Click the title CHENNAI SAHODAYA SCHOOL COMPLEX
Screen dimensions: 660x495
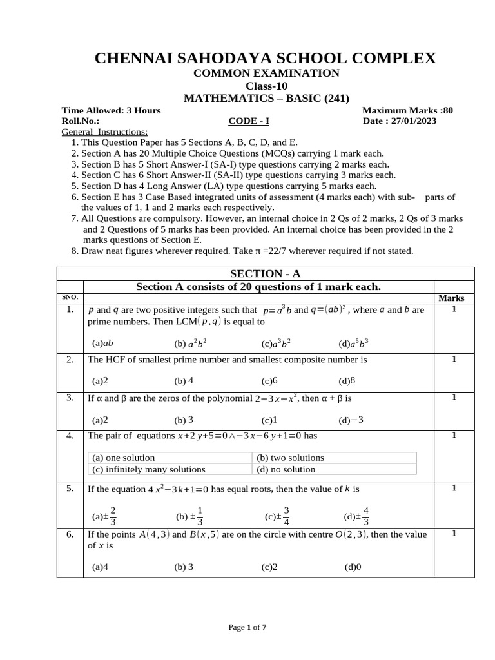pyautogui.click(x=266, y=58)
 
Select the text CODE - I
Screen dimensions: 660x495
pyautogui.click(x=249, y=121)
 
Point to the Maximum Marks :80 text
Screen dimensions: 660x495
pyautogui.click(x=407, y=110)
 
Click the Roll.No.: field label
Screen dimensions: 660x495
pyautogui.click(x=81, y=121)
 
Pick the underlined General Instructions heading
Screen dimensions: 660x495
pyautogui.click(x=104, y=131)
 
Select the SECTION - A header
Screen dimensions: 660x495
pyautogui.click(x=266, y=273)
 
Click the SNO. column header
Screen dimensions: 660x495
pyautogui.click(x=70, y=297)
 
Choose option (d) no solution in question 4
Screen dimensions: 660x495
pyautogui.click(x=286, y=469)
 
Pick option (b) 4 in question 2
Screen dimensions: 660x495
pyautogui.click(x=184, y=381)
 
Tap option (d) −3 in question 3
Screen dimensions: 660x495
pyautogui.click(x=351, y=420)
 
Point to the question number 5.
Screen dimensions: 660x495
pyautogui.click(x=70, y=489)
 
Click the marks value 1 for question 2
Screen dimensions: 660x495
pyautogui.click(x=454, y=359)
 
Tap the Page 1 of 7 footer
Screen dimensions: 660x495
pyautogui.click(x=247, y=627)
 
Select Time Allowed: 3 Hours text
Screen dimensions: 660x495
pyautogui.click(x=111, y=110)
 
